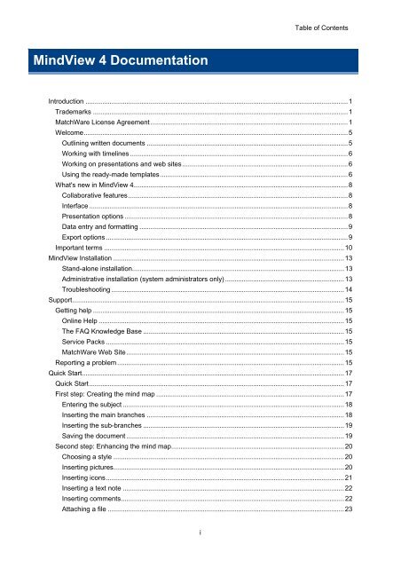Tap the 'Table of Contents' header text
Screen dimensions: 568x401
(322, 28)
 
